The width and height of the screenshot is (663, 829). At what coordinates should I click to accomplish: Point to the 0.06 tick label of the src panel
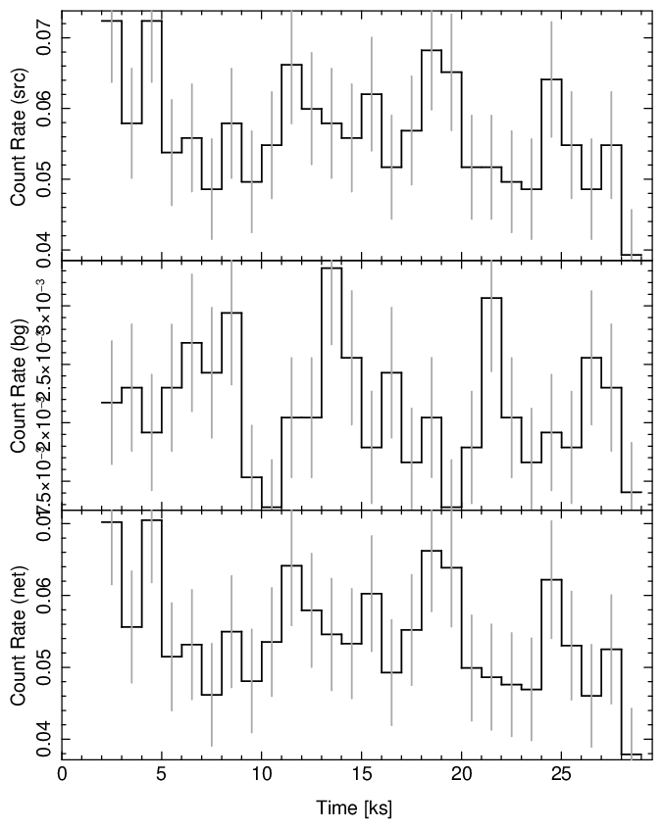click(43, 109)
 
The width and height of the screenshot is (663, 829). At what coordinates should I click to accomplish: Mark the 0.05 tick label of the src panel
click(43, 180)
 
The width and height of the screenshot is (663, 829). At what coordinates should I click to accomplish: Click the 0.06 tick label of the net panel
click(43, 595)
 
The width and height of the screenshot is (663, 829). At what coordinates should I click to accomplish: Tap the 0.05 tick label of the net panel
click(43, 667)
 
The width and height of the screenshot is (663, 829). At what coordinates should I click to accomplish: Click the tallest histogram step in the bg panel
click(331, 268)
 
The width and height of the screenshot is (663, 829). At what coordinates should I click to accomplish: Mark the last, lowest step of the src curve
click(632, 255)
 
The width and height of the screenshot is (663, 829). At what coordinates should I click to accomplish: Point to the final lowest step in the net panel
click(632, 755)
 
